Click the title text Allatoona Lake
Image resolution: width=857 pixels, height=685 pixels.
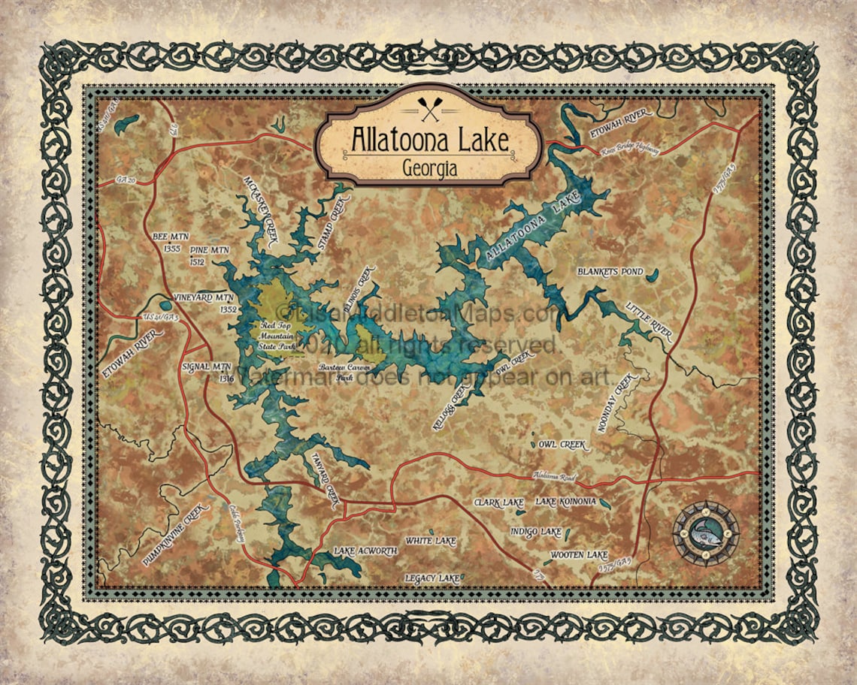(x=429, y=140)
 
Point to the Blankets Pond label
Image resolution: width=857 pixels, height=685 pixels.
(x=610, y=271)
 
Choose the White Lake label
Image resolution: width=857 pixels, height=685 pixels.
(x=430, y=541)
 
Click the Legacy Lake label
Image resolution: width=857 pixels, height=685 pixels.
(x=432, y=578)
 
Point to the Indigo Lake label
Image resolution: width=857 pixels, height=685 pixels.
(x=536, y=532)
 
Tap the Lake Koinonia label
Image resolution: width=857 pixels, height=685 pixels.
(x=566, y=501)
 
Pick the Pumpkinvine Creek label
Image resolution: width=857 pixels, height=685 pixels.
(x=173, y=534)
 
